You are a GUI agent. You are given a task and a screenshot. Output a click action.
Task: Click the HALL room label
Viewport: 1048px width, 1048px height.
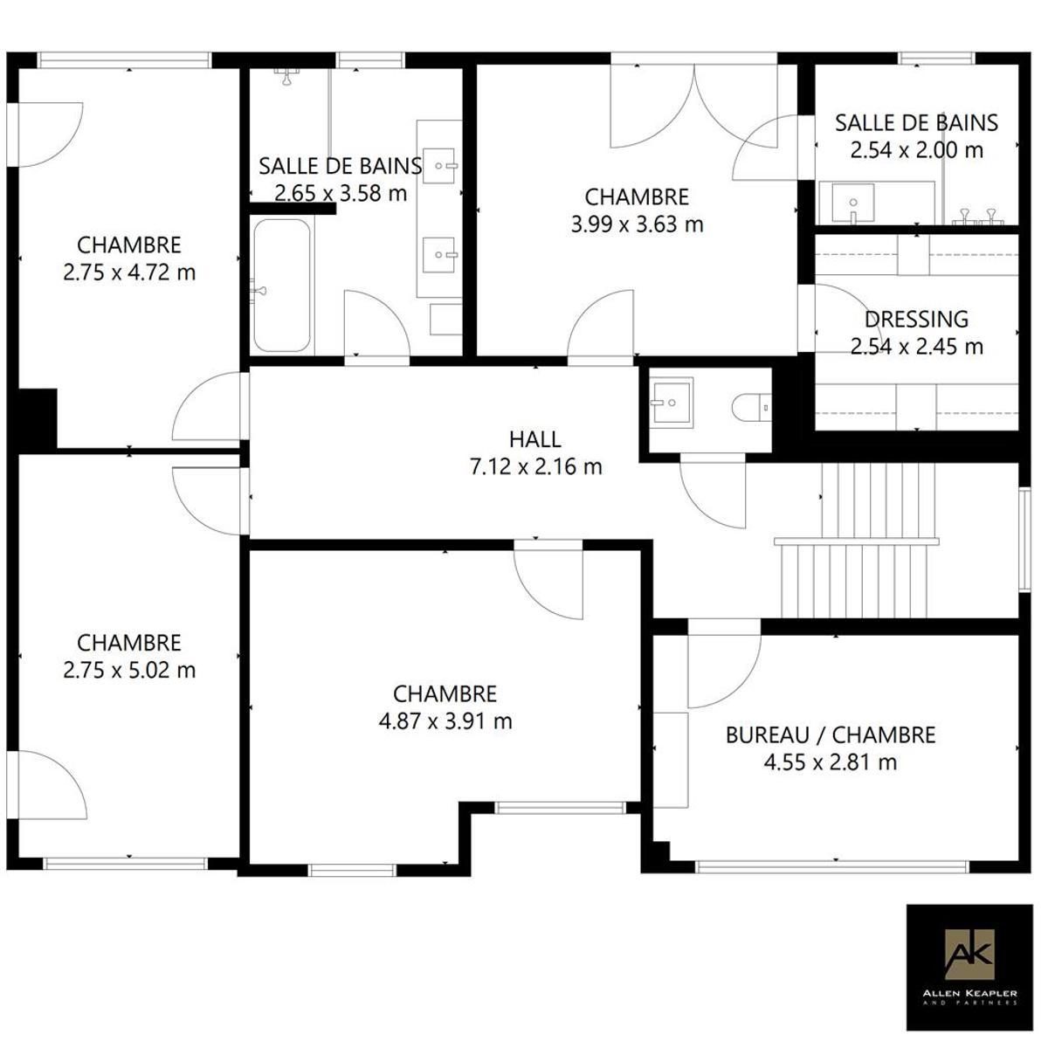coord(535,439)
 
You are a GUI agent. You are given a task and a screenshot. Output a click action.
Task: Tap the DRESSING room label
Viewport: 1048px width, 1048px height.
coord(916,320)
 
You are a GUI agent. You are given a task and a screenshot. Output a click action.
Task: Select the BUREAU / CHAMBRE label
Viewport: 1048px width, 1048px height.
coord(831,735)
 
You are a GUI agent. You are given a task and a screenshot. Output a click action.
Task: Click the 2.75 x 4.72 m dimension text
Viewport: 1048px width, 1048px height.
coord(129,272)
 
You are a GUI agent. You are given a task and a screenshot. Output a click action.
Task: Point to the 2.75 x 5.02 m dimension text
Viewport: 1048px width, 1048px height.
coord(129,670)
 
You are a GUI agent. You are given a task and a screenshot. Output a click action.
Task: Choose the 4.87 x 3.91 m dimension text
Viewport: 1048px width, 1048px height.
coord(445,721)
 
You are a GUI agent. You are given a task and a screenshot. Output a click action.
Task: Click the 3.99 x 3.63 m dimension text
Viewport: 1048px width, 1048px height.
coord(637,224)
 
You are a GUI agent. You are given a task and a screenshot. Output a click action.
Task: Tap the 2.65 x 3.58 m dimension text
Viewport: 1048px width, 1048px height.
coord(341,193)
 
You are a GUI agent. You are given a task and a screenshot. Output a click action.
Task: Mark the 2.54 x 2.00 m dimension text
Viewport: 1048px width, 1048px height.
coord(916,150)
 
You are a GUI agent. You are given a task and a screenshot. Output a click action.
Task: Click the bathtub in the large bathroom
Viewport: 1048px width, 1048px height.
coord(282,286)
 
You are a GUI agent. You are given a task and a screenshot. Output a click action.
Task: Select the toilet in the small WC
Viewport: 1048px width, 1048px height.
coord(751,407)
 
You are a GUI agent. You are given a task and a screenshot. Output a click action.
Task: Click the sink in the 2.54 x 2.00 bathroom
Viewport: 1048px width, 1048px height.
coord(847,203)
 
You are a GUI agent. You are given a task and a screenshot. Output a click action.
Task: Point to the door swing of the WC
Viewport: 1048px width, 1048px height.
coord(713,495)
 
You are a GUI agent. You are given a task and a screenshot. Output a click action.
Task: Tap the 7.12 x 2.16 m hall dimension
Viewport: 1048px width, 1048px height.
coord(535,466)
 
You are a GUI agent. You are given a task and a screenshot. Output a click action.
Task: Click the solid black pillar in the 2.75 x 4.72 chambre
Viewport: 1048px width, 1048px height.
coord(38,419)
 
